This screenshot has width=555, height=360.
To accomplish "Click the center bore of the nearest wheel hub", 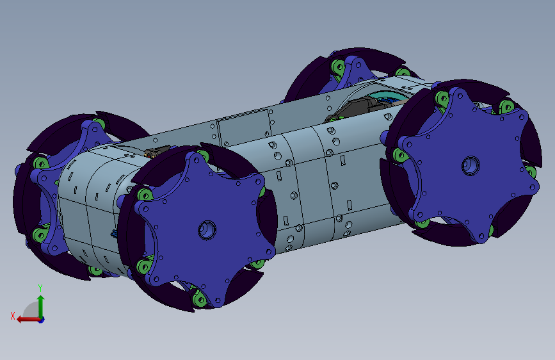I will (x=207, y=229).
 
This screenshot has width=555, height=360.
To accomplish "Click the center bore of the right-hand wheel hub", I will (x=471, y=165).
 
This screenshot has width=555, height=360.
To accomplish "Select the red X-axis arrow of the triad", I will (x=23, y=319).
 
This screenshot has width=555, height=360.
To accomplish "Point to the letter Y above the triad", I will (x=40, y=288).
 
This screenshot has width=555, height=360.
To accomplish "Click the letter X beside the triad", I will (x=12, y=316).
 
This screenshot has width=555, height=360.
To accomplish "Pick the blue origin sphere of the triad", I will (x=41, y=319).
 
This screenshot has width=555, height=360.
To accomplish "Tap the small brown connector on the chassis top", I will (x=156, y=152).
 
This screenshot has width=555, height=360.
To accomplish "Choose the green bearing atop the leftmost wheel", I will (x=99, y=124).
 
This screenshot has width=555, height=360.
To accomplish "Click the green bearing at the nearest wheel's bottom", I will (x=199, y=299).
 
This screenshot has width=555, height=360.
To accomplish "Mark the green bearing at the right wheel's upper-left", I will (x=442, y=98).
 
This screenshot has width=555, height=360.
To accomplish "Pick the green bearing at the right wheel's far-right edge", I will (x=531, y=171).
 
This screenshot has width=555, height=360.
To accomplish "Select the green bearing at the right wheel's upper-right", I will (x=506, y=106).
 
